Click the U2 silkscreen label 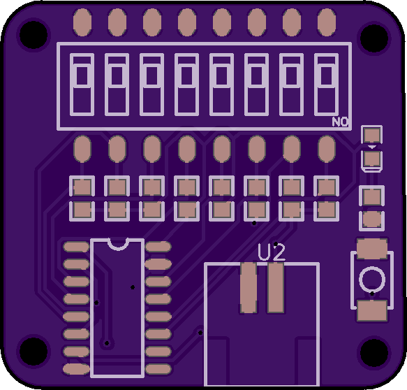pyautogui.click(x=272, y=252)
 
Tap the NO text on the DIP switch pyautogui.click(x=340, y=122)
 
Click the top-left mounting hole pyautogui.click(x=34, y=34)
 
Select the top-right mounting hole pyautogui.click(x=374, y=38)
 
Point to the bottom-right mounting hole pyautogui.click(x=374, y=352)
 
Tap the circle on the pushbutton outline pyautogui.click(x=372, y=280)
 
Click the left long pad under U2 pyautogui.click(x=249, y=287)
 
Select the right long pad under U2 pyautogui.click(x=275, y=287)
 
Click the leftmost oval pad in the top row pyautogui.click(x=82, y=22)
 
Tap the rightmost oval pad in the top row pyautogui.click(x=327, y=22)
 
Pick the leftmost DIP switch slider pyautogui.click(x=82, y=75)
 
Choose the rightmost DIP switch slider pyautogui.click(x=326, y=75)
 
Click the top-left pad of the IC pyautogui.click(x=76, y=247)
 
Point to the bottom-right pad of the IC pyautogui.click(x=158, y=369)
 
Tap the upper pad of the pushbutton pyautogui.click(x=372, y=249)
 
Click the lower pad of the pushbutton pyautogui.click(x=372, y=310)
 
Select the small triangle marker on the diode pyautogui.click(x=372, y=147)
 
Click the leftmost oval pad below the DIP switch pyautogui.click(x=82, y=149)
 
